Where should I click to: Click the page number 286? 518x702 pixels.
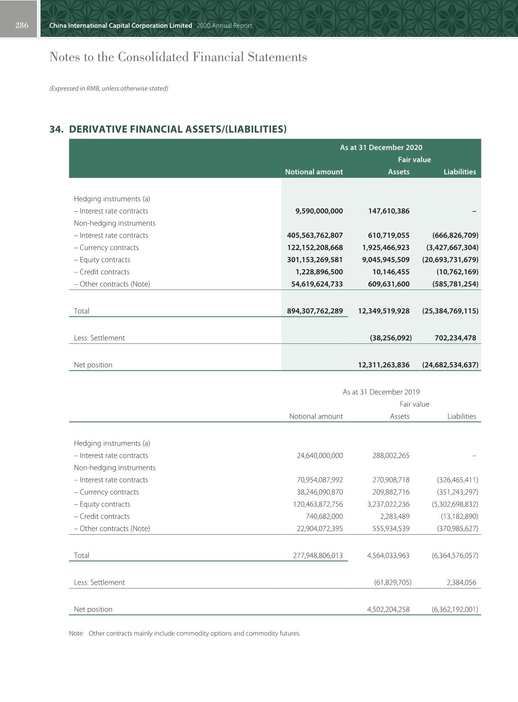tap(21, 25)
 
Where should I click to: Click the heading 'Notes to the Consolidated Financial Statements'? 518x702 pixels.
tap(178, 57)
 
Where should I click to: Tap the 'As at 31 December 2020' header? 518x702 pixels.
tap(381, 147)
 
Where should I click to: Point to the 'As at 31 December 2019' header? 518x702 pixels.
tap(381, 392)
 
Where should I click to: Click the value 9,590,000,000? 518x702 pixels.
tap(319, 211)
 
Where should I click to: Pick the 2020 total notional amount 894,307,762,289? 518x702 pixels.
tap(315, 311)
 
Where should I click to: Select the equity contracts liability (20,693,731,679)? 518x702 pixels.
tap(450, 260)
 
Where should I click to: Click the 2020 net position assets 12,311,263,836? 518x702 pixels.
tap(383, 365)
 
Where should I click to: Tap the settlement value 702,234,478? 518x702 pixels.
tap(455, 338)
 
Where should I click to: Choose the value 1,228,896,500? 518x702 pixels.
tap(319, 272)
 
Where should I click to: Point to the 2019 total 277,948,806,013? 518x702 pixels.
tap(318, 555)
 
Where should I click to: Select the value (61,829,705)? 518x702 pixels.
tap(393, 582)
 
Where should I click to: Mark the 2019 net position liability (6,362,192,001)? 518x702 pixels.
tap(454, 609)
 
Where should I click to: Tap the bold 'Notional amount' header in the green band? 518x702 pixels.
tap(313, 172)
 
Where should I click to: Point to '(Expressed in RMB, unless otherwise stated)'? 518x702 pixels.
tap(109, 88)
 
